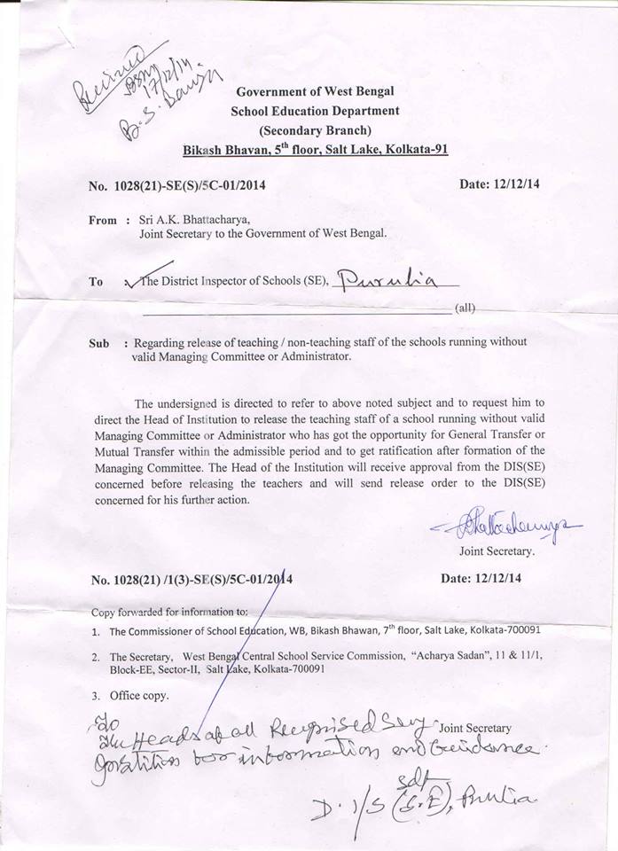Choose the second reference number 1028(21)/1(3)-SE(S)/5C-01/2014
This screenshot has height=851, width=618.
click(x=192, y=580)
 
